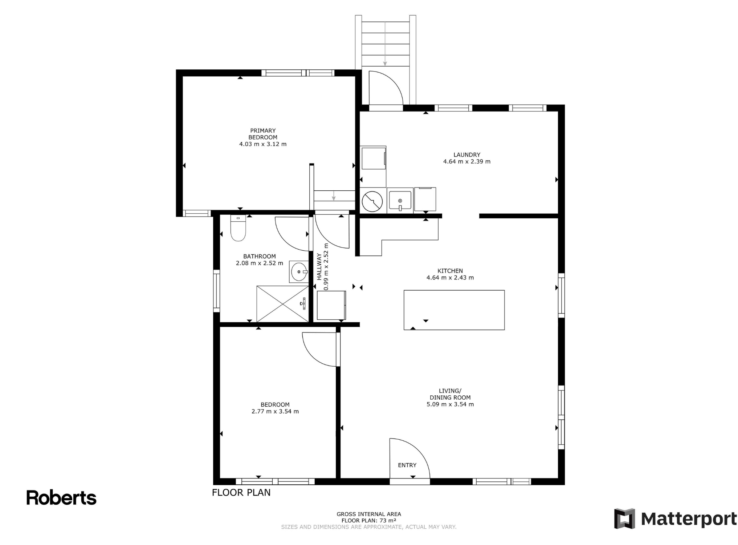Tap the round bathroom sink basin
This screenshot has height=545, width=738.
299,272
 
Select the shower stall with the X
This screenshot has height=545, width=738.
282,304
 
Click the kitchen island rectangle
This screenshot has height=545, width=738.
454,310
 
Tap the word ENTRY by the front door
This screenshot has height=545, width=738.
407,465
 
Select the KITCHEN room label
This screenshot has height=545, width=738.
450,271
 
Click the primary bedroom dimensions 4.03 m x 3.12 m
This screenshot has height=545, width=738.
263,144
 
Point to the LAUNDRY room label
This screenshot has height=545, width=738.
467,155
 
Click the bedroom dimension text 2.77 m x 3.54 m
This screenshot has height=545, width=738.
275,412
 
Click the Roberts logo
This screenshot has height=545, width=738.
61,498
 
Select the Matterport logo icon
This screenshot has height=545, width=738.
624,518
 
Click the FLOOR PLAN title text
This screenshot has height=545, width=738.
241,493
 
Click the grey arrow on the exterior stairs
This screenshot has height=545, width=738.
385,44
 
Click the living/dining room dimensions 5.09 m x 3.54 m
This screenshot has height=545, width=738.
450,404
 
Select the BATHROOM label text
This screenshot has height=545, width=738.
260,257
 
